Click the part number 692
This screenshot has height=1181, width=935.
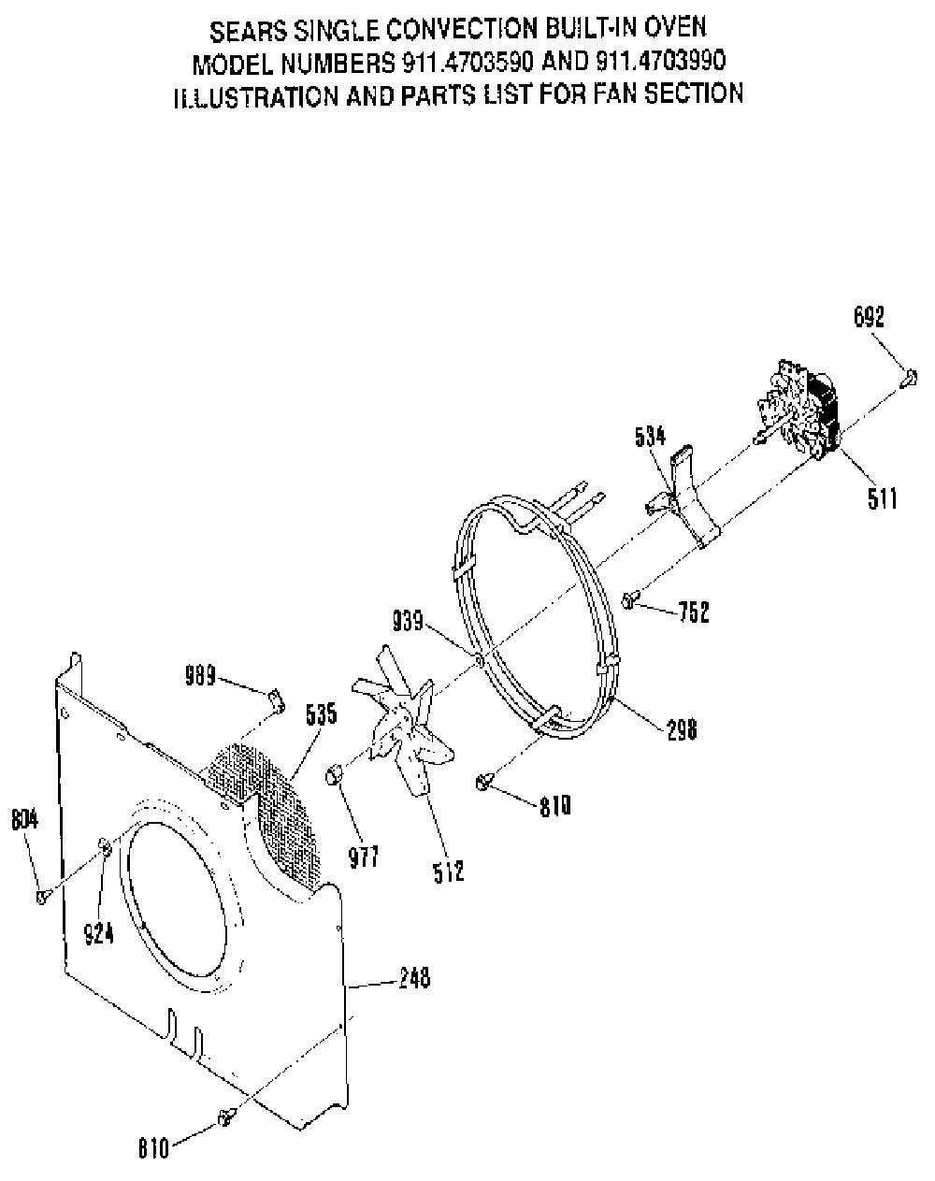coord(868,317)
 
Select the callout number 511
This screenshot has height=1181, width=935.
coord(882,497)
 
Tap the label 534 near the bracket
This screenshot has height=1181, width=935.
coord(650,437)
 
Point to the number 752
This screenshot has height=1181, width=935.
coord(694,612)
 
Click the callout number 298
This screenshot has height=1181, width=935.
coord(682,729)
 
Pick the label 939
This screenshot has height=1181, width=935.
coord(408,621)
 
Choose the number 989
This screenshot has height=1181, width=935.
coord(200,675)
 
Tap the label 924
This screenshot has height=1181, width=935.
coord(99,933)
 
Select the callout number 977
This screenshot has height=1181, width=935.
coord(363,857)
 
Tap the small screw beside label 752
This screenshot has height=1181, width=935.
coord(630,599)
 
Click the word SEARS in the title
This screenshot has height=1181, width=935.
coord(248,33)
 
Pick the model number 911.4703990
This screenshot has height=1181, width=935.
coord(660,61)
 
